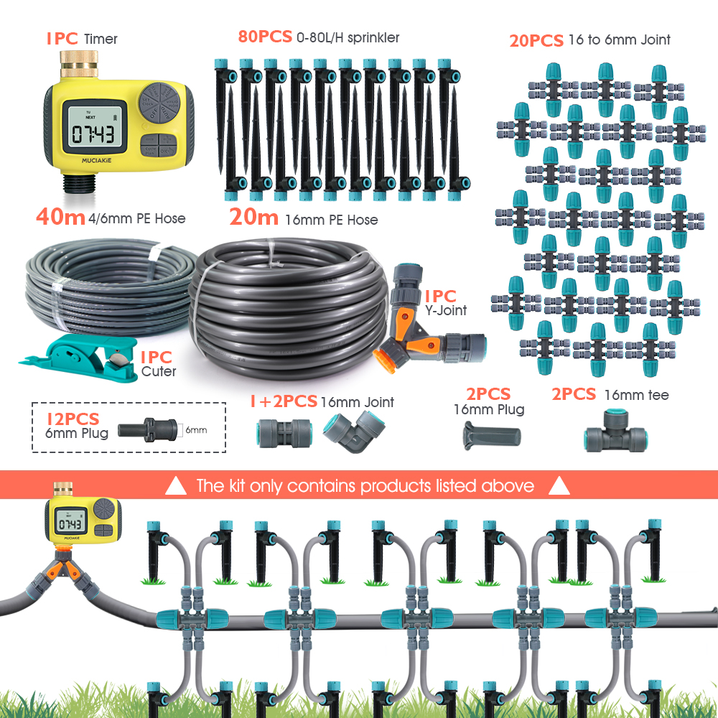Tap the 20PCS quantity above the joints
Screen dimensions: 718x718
(x=536, y=40)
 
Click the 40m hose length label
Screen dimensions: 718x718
(x=60, y=217)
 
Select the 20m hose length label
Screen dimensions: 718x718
(x=253, y=217)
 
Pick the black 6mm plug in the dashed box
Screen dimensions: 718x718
(x=146, y=429)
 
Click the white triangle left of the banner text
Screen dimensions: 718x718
(x=176, y=487)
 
